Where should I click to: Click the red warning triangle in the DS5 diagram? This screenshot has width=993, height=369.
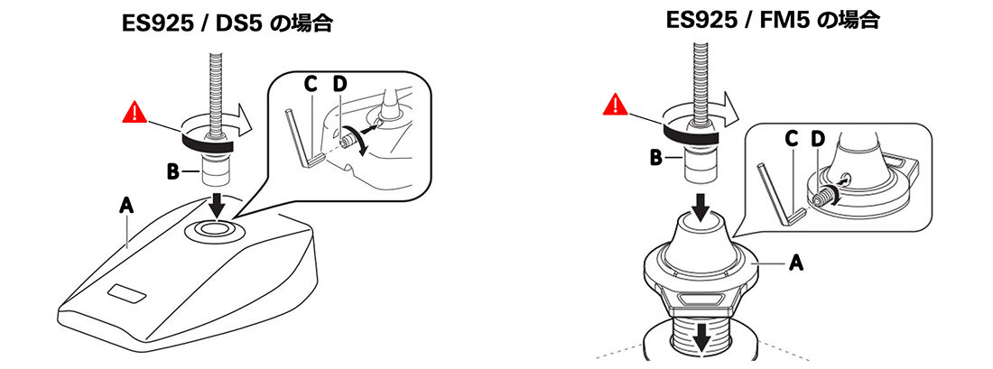[135, 113]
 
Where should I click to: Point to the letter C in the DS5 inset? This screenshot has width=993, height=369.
[311, 84]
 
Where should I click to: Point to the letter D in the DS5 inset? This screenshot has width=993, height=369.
[340, 84]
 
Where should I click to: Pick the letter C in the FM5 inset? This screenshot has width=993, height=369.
[791, 139]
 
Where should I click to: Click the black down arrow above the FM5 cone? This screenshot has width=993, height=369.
[701, 207]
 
